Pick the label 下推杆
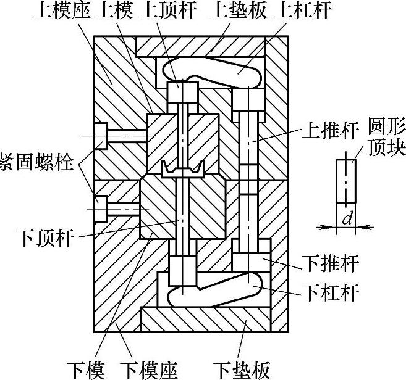(331, 265)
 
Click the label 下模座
(152, 369)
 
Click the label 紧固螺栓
(38, 163)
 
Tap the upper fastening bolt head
(101, 135)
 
